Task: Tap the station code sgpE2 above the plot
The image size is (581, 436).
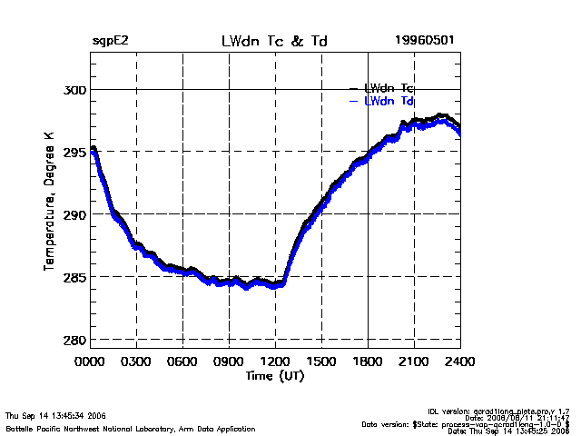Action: point(110,42)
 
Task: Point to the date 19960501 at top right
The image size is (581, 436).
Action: point(424,42)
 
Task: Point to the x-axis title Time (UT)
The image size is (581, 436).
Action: point(274,376)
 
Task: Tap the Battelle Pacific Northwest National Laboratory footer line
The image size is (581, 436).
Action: point(131,428)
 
